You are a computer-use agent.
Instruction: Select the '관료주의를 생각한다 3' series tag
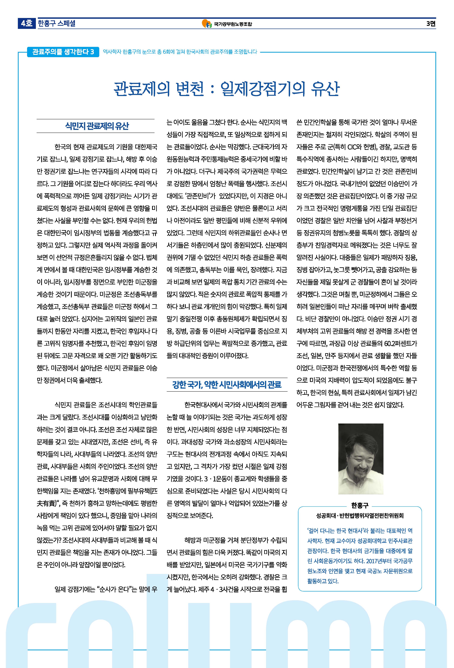[x=63, y=52]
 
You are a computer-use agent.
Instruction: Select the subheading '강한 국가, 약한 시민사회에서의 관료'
[x=227, y=385]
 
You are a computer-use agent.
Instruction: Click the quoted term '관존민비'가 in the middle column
[x=201, y=196]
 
